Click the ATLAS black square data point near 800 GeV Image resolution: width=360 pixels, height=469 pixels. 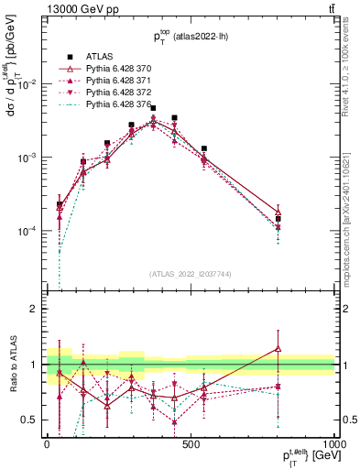278,219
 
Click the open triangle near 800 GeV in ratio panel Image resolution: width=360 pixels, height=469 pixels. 278,349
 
